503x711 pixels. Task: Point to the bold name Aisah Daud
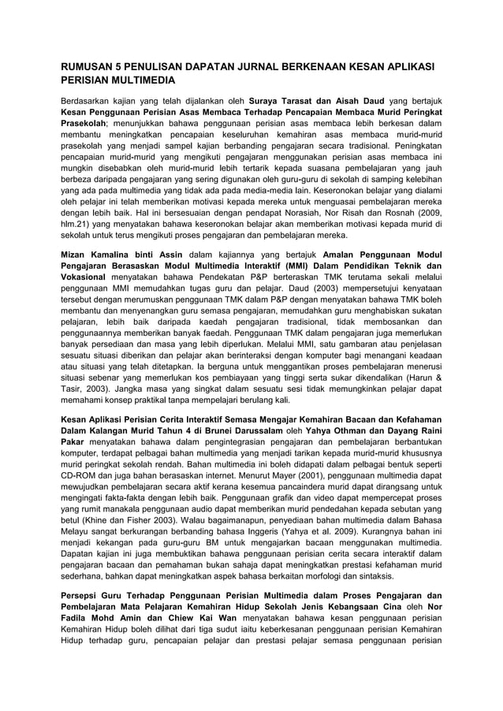click(x=362, y=101)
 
